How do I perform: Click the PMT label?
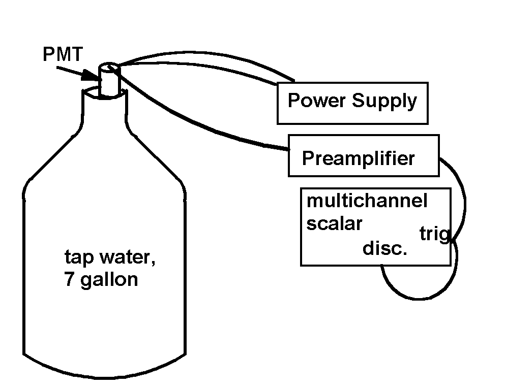coord(63,54)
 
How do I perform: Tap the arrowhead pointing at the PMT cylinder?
coord(90,76)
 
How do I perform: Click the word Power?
coord(317,100)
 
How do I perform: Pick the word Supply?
coord(384,102)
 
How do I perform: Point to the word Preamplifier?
coord(358,158)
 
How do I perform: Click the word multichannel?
coord(367,201)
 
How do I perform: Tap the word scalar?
coord(334,223)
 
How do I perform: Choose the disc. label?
coord(385,248)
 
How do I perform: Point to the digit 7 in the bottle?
coord(70,279)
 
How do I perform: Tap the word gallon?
coord(109,280)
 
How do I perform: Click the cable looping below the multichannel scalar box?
coord(419,299)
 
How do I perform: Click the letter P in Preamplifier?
coord(308,158)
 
